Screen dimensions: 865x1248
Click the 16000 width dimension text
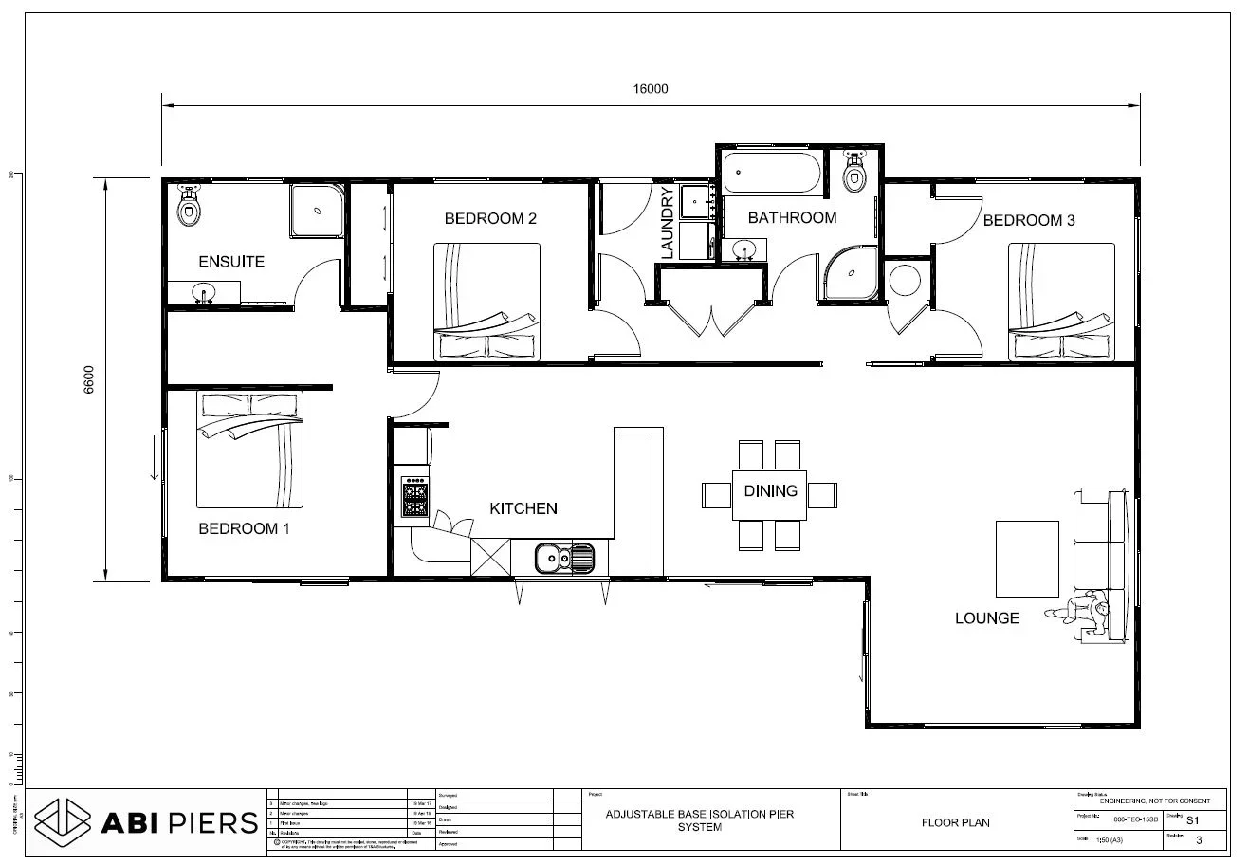pyautogui.click(x=651, y=89)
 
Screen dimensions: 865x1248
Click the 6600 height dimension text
pyautogui.click(x=89, y=379)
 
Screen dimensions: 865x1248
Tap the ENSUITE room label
pyautogui.click(x=230, y=262)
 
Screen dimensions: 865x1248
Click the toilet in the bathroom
pyautogui.click(x=855, y=173)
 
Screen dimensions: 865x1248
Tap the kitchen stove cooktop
pyautogui.click(x=414, y=496)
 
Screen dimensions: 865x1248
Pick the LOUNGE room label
pyautogui.click(x=986, y=618)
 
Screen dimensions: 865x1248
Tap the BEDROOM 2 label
pyautogui.click(x=490, y=219)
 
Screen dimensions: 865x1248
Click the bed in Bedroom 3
pyautogui.click(x=1060, y=302)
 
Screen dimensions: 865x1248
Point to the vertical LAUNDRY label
pyautogui.click(x=667, y=223)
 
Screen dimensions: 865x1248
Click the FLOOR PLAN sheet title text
pyautogui.click(x=955, y=822)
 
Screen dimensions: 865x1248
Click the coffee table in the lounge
pyautogui.click(x=1026, y=555)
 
